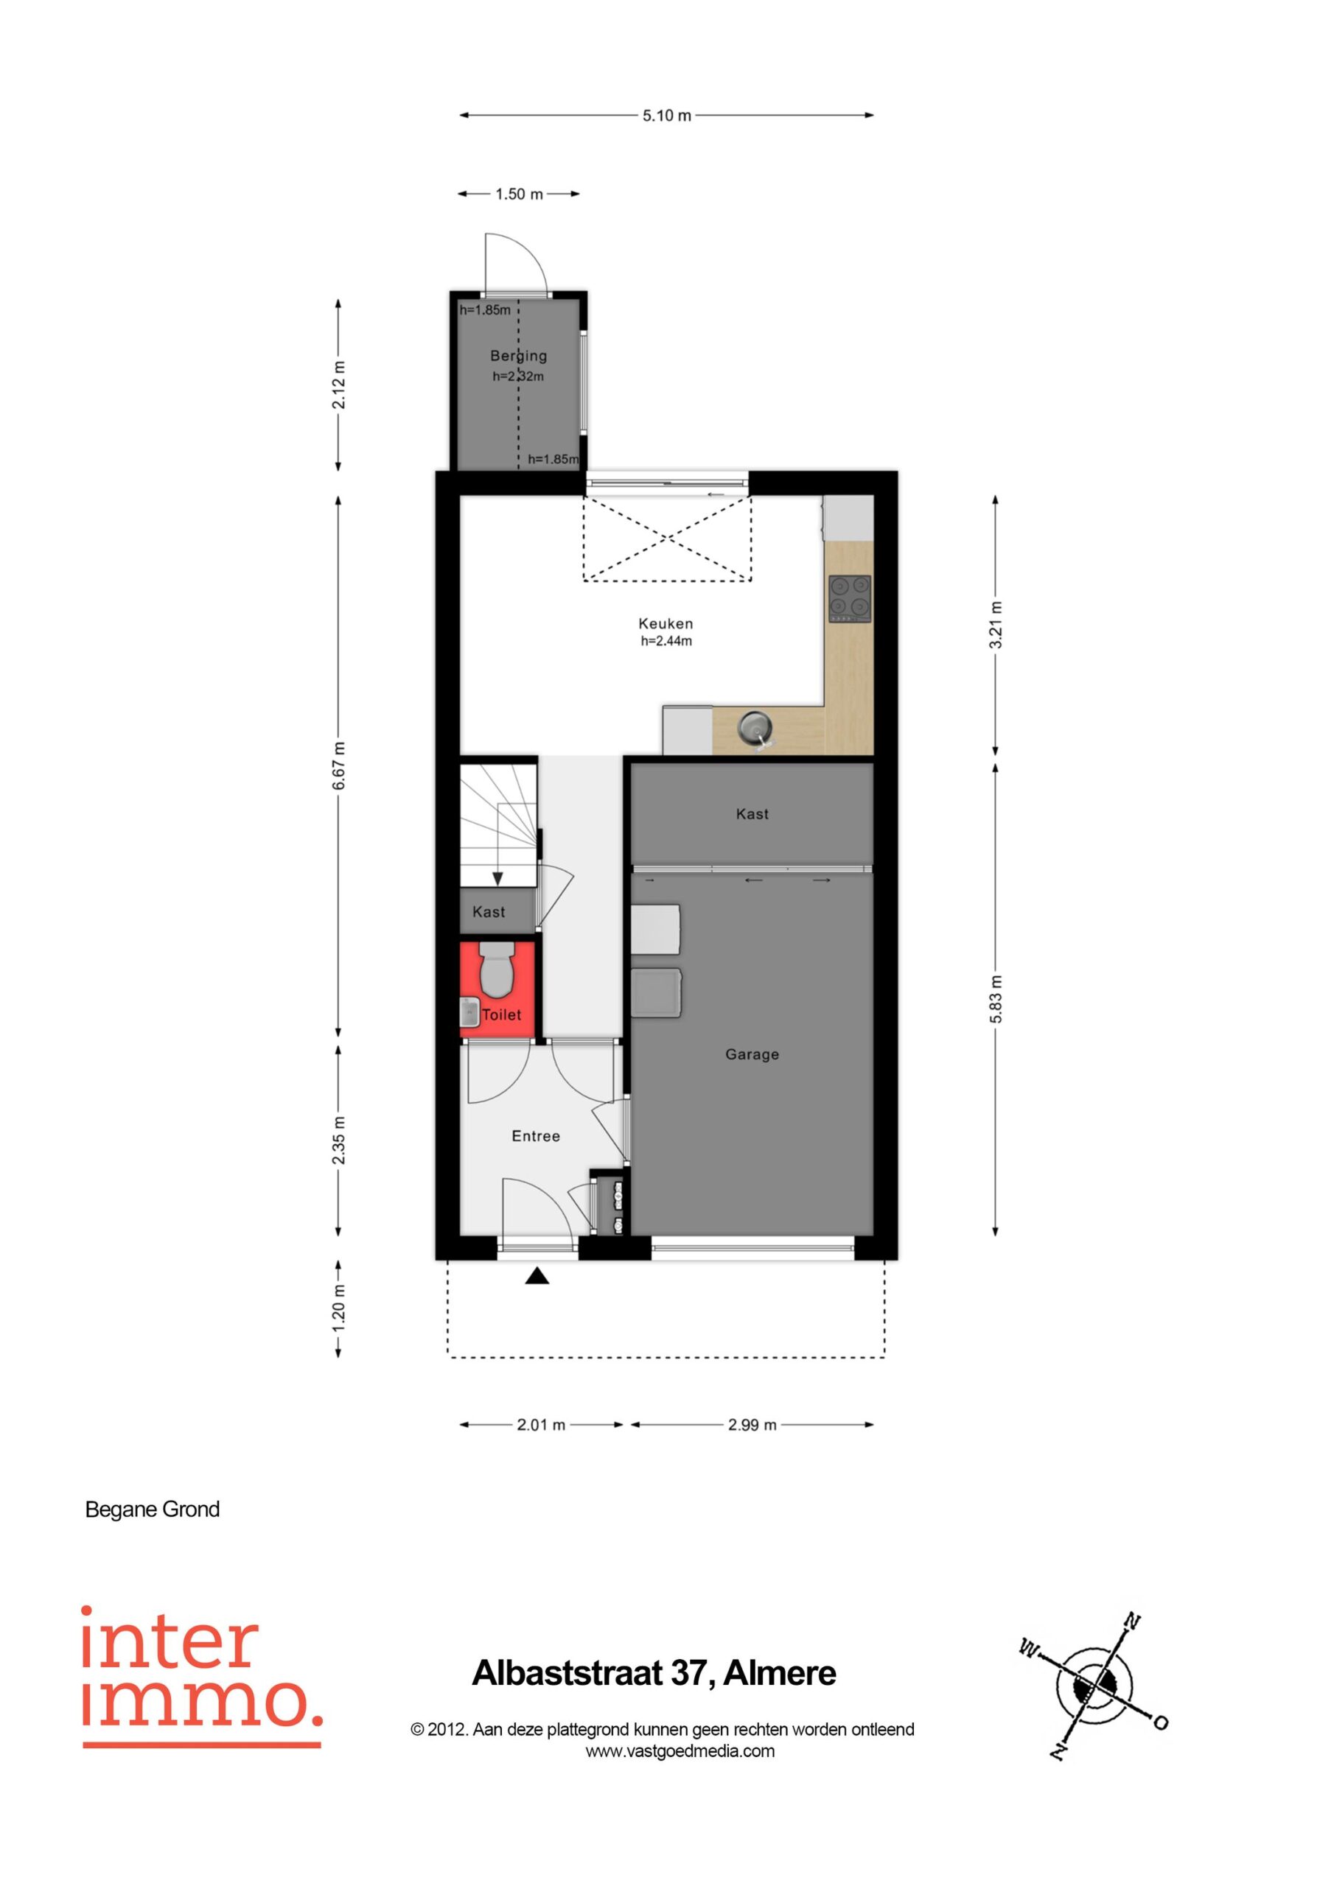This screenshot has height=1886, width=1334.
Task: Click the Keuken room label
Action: click(666, 623)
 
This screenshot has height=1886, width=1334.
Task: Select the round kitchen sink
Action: click(755, 727)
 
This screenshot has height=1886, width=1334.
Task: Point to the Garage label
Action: click(752, 1055)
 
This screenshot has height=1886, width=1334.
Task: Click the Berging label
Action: click(519, 356)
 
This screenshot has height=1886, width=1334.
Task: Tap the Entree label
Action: click(536, 1136)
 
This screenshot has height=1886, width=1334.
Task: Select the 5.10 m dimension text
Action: click(666, 116)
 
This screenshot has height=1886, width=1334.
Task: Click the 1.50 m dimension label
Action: click(519, 194)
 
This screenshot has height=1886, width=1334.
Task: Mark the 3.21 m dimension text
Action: click(996, 625)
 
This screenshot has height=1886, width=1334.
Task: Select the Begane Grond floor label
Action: click(153, 1510)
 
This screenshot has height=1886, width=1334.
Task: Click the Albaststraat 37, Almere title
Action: click(654, 1673)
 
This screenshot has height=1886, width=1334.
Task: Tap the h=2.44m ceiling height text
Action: click(666, 642)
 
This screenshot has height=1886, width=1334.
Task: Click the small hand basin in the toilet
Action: click(469, 1013)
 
